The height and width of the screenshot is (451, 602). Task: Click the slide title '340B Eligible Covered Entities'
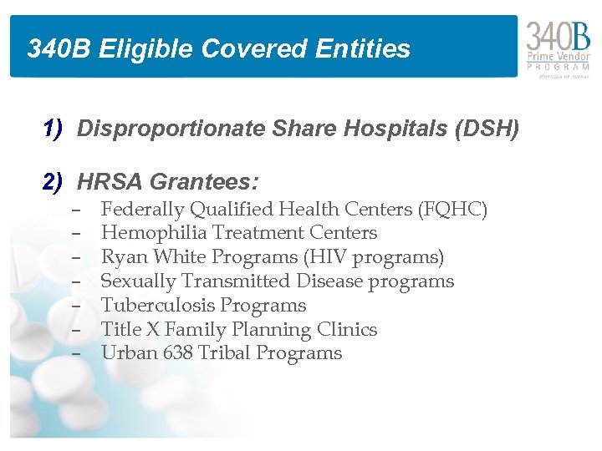pos(218,48)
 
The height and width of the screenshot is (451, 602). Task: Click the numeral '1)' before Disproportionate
pos(54,128)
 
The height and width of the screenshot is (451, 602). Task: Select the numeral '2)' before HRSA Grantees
pos(54,180)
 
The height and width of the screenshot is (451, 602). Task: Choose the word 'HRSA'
pos(106,181)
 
